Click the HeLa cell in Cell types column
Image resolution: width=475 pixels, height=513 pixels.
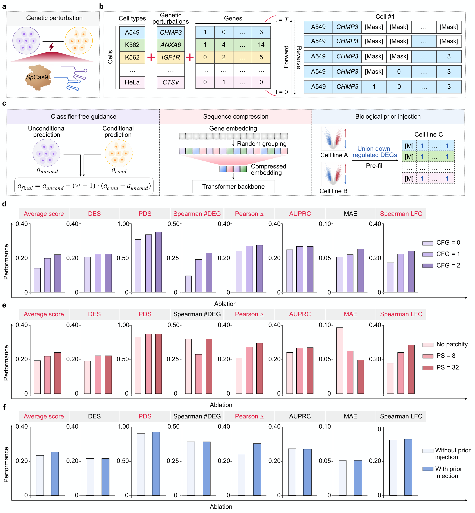click(132, 82)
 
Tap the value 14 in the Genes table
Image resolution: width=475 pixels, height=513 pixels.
click(261, 45)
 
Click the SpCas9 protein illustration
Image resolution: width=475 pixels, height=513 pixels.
click(38, 77)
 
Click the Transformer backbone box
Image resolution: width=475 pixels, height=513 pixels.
click(233, 186)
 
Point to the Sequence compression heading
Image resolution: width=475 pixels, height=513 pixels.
click(235, 117)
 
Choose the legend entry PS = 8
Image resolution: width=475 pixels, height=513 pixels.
click(428, 356)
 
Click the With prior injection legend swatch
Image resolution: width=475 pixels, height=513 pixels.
click(428, 469)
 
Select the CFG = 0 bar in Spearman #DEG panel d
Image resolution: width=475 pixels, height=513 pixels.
click(189, 284)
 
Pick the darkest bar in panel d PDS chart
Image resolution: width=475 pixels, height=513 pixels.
click(158, 262)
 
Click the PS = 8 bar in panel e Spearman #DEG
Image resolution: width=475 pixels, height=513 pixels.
click(199, 374)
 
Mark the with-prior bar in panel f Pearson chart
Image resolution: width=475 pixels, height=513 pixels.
click(257, 469)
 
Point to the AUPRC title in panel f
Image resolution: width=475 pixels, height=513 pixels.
click(300, 416)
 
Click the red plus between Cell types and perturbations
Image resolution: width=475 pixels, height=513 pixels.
click(151, 57)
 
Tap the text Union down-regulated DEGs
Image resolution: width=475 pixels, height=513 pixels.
click(375, 152)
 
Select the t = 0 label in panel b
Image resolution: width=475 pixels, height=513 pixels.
click(282, 92)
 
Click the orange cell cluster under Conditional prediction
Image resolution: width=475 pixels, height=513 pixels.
click(118, 153)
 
